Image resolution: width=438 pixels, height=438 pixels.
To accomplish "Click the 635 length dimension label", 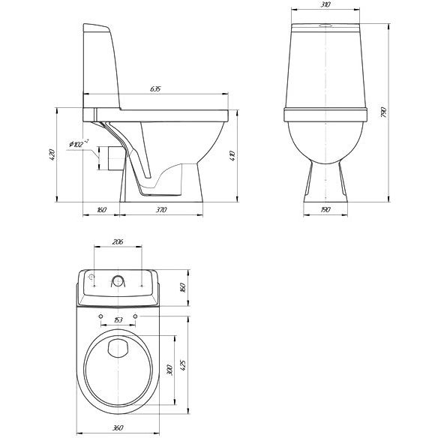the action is click(x=155, y=89).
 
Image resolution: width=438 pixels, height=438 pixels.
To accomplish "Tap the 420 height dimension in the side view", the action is click(x=52, y=154).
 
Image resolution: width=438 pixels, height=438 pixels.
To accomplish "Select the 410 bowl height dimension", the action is click(x=232, y=155).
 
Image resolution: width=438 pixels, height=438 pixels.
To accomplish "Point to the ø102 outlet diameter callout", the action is click(x=79, y=143).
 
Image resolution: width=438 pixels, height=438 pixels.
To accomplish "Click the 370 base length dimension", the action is click(x=161, y=209).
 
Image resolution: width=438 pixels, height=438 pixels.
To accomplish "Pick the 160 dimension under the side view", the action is click(x=101, y=209).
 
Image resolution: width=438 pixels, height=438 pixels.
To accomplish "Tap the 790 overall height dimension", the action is click(x=383, y=112).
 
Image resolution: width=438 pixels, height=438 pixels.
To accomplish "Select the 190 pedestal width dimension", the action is click(x=325, y=209).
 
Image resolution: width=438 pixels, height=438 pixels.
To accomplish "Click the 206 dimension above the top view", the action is click(x=118, y=241).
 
